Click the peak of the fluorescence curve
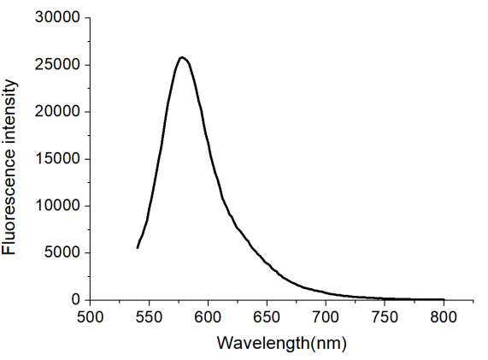[x=182, y=57]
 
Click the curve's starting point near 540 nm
[x=138, y=248]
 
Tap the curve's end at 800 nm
[x=444, y=299]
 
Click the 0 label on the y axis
[x=75, y=300]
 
